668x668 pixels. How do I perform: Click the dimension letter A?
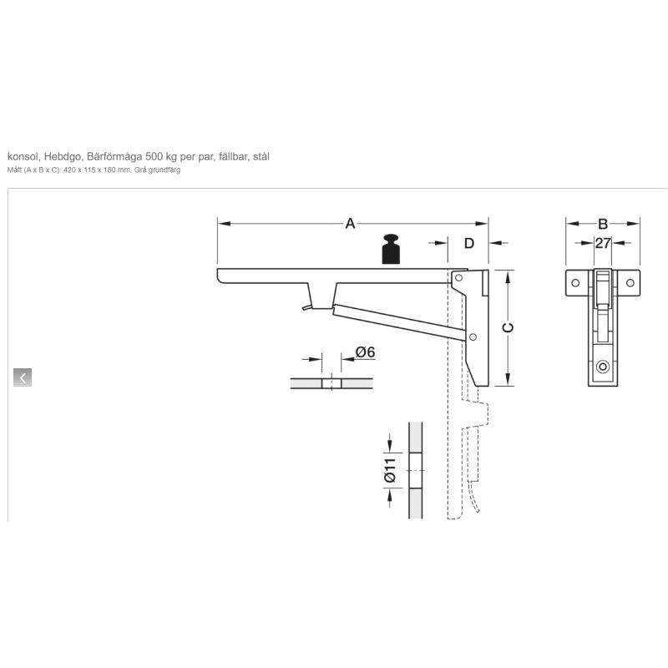pos(350,223)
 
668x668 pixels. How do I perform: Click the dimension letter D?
pos(468,243)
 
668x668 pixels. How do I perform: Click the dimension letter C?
pos(508,327)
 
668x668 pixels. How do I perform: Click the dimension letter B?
pos(602,224)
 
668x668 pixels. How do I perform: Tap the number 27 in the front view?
pos(602,243)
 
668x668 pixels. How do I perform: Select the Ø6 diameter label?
pos(365,352)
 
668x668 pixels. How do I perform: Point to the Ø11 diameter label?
pos(390,471)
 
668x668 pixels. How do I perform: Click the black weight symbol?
pos(391,249)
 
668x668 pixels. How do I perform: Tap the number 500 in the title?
pos(154,156)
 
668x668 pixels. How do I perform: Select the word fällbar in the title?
pos(233,156)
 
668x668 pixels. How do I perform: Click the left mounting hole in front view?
pos(575,282)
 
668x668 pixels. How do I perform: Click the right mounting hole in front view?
pos(630,282)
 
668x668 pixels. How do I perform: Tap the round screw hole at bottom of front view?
pos(602,367)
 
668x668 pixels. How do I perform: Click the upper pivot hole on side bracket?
pos(458,278)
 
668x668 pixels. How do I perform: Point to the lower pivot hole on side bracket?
pos(473,337)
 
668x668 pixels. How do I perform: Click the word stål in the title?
pos(261,156)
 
